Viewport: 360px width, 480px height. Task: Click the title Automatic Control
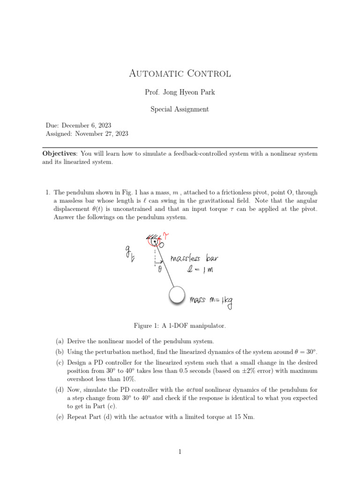(x=180, y=74)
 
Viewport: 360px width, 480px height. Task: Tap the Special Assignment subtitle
(x=180, y=109)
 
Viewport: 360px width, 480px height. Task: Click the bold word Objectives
(x=59, y=154)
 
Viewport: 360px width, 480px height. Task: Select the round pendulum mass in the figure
(x=177, y=295)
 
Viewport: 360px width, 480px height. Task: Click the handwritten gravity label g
(x=127, y=254)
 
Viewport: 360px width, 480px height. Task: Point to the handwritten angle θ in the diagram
(x=159, y=270)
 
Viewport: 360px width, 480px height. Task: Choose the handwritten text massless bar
(x=194, y=259)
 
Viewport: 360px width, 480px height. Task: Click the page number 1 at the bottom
(x=180, y=452)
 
